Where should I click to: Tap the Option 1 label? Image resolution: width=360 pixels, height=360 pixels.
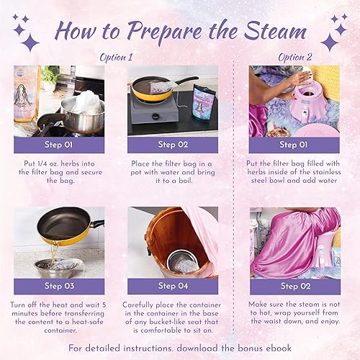117,58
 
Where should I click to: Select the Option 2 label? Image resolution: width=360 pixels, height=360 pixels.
295,58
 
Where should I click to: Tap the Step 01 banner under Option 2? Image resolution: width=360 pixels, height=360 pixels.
294,145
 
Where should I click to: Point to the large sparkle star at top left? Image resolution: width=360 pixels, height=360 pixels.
30,42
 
